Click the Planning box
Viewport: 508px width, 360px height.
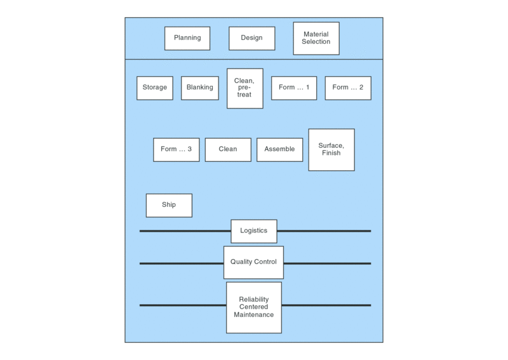click(187, 38)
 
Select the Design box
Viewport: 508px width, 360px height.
click(251, 38)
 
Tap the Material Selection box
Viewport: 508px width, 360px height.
click(316, 38)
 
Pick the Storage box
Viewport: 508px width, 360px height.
click(155, 88)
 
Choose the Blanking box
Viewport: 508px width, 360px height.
click(200, 88)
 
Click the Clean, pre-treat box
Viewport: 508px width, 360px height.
click(244, 88)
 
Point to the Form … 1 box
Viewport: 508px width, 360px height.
click(294, 88)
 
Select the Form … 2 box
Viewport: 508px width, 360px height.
click(348, 88)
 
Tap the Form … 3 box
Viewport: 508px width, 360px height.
click(176, 149)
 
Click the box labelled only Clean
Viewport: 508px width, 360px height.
click(228, 149)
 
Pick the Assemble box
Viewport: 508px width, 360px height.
click(279, 149)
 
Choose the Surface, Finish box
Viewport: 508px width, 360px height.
click(331, 149)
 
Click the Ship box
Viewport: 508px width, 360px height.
click(169, 205)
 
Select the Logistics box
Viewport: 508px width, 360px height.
click(253, 231)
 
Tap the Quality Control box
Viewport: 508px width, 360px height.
click(253, 262)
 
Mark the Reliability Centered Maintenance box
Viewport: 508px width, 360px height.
click(253, 307)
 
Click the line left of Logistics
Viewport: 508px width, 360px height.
click(185, 231)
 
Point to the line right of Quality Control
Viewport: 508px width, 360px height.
click(327, 263)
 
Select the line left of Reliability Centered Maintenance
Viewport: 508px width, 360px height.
click(183, 305)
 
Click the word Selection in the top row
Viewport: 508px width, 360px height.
click(316, 42)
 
